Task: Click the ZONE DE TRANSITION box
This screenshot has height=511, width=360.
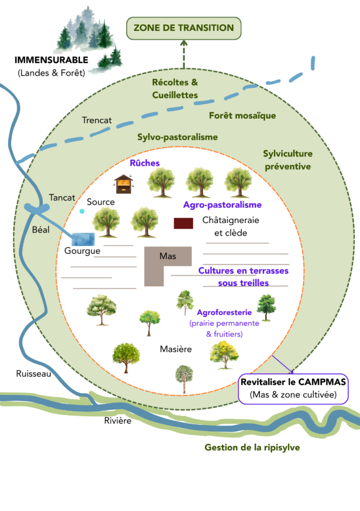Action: coord(183,28)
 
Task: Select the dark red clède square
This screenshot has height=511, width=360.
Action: coord(183,223)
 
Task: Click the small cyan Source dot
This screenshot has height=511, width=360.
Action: coord(82,212)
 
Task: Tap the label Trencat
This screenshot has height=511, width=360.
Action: coord(97,120)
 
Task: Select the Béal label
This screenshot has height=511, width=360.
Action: coord(40,231)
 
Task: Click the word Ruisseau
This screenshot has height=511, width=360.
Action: coord(33,373)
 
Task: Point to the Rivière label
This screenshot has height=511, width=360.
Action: coord(117,421)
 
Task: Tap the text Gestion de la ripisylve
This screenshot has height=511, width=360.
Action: coord(252,447)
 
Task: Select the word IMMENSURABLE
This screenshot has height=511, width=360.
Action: coord(51,60)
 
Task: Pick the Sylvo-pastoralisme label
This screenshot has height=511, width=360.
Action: coord(178,137)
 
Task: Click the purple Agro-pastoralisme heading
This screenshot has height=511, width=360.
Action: coord(222,205)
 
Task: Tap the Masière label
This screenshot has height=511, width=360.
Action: coord(176,349)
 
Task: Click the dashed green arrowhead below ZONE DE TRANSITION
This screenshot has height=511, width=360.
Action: coord(183,45)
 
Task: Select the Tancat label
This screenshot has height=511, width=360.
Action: coord(62,198)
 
